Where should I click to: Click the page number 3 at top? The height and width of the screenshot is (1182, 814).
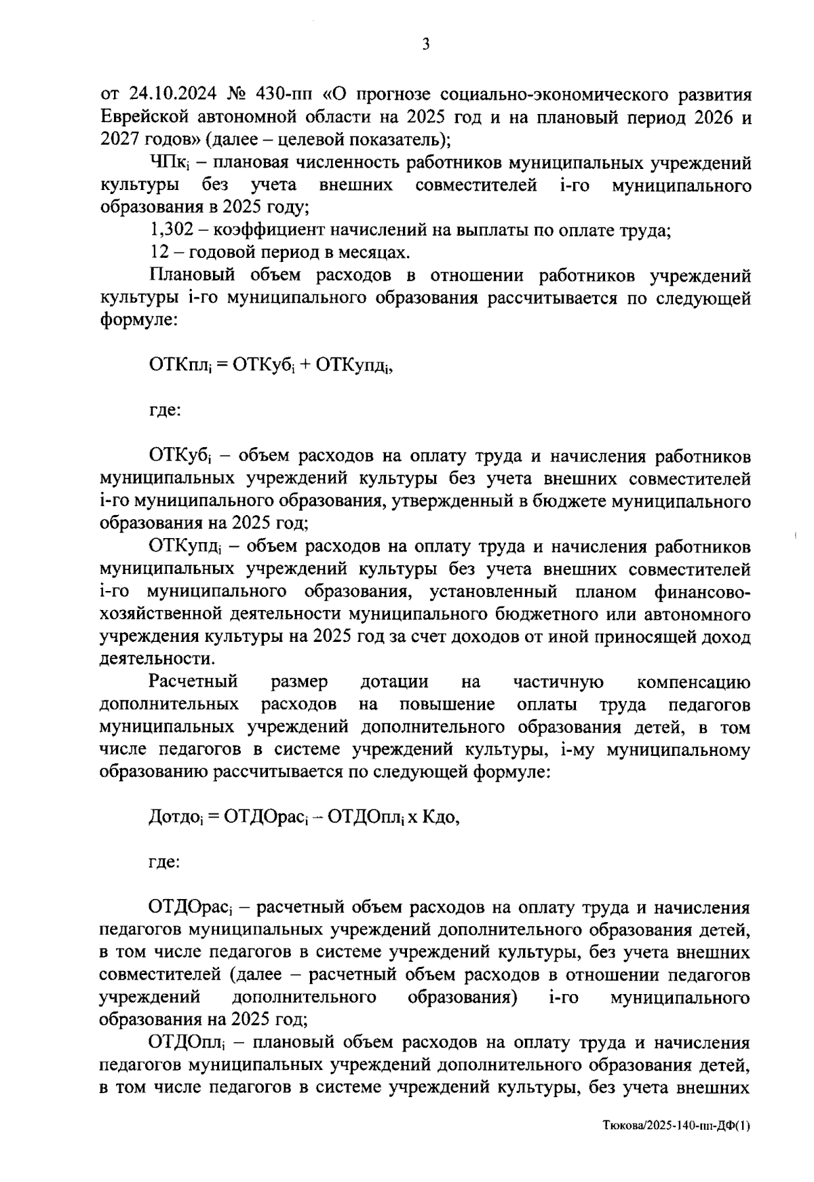pos(425,45)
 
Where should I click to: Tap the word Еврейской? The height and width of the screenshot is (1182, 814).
pos(144,117)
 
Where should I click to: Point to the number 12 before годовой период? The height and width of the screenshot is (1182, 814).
pos(158,253)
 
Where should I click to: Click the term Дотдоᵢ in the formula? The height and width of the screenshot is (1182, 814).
pos(175,818)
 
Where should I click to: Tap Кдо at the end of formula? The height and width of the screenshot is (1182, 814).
pos(441,818)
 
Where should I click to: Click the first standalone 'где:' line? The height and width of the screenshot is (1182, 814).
pos(164,411)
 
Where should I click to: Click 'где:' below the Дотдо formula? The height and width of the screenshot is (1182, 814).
pos(164,863)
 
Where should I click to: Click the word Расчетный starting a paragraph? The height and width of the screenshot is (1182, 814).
pos(193,681)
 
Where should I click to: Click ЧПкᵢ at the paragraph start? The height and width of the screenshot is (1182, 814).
pos(167,164)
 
